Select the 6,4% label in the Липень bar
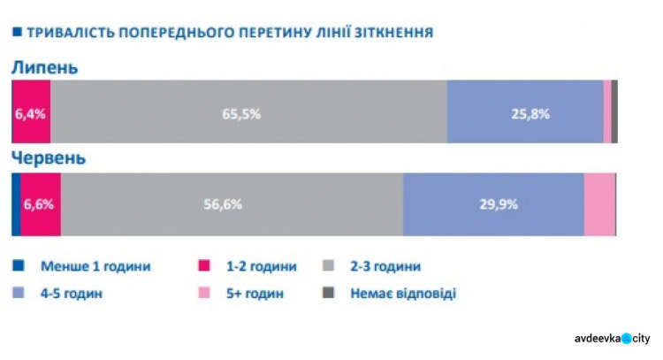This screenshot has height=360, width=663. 29,113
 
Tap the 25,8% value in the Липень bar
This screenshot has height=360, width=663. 530,113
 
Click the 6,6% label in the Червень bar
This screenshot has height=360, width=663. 39,204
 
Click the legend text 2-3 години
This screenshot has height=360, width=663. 385,265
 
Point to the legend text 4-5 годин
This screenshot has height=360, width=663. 72,293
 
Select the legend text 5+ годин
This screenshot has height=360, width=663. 251,293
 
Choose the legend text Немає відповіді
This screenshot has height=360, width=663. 402,293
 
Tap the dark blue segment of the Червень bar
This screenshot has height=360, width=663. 15,204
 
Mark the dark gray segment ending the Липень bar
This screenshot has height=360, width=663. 614,111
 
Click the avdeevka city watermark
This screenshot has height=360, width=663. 611,338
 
